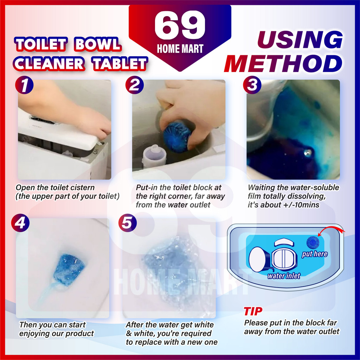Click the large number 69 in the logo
[x=180, y=25]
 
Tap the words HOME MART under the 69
[x=180, y=49]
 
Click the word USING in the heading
[x=300, y=39]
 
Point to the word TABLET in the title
[x=120, y=64]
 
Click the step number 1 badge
[x=24, y=85]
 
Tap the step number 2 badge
[x=135, y=85]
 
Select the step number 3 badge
[x=252, y=85]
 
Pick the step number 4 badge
[x=20, y=223]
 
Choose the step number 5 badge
[x=127, y=223]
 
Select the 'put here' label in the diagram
[x=315, y=254]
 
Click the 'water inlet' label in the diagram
[x=284, y=276]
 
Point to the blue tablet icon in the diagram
[x=313, y=243]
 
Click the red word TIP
[x=253, y=311]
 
